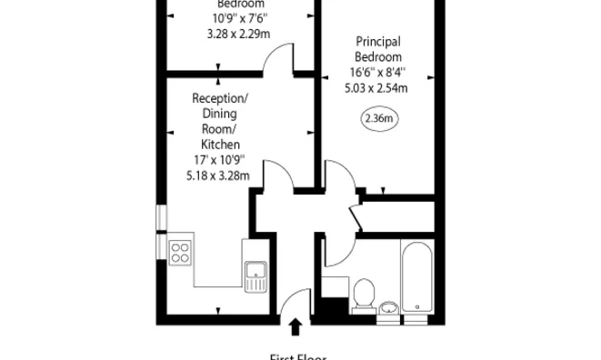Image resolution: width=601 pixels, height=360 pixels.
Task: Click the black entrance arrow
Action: [x=295, y=325]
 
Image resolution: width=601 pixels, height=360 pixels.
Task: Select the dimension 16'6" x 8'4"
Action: [x=379, y=73]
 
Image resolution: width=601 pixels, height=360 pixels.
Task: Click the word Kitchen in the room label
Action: [x=219, y=145]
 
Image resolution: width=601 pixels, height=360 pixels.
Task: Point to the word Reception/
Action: [x=219, y=98]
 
